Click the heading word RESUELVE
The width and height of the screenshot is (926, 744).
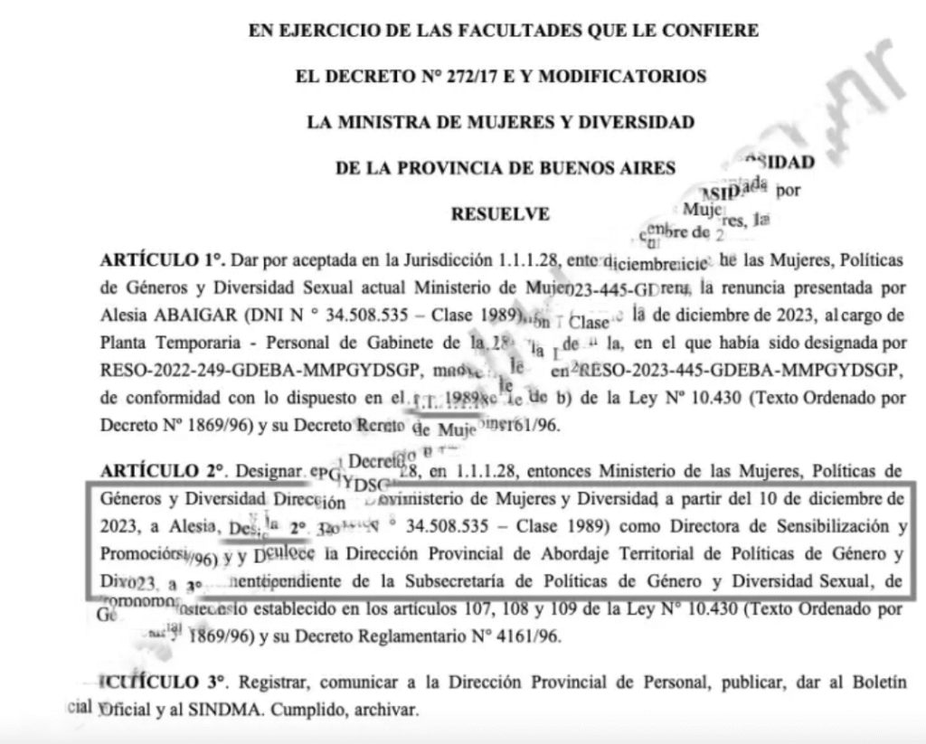tap(500, 214)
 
